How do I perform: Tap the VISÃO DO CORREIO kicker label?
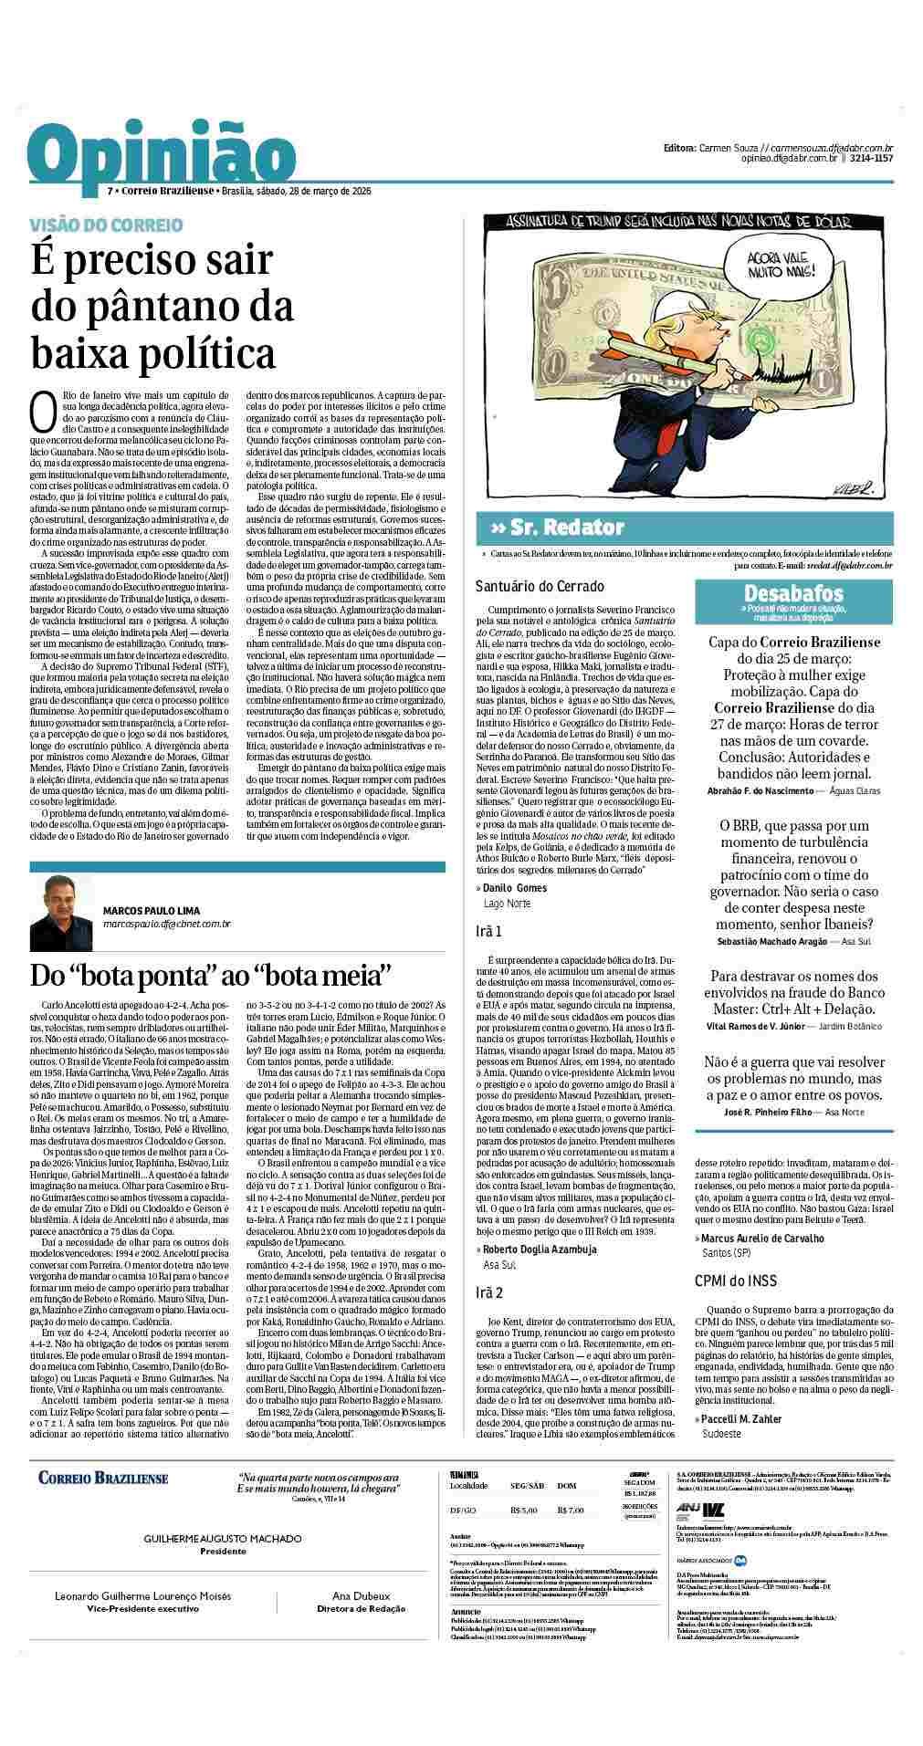(107, 225)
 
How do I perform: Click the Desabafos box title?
(792, 593)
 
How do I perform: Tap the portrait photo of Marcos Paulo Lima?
(61, 915)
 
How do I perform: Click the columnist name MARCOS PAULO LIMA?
(151, 910)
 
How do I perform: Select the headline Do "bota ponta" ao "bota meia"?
(211, 974)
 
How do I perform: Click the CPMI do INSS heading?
(736, 1281)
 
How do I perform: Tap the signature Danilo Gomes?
(514, 887)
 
